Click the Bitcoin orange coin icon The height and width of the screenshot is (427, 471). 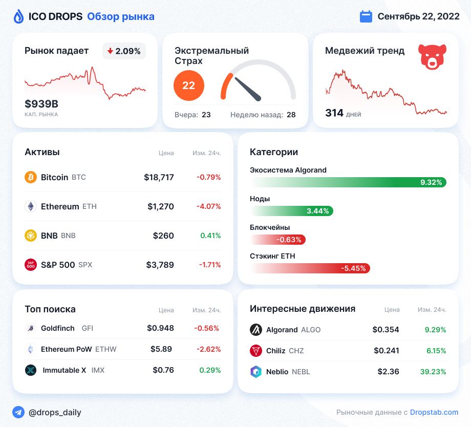click(31, 177)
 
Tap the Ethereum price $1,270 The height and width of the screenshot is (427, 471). click(160, 207)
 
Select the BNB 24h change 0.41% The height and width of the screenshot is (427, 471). click(210, 236)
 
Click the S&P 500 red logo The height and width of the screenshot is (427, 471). click(31, 265)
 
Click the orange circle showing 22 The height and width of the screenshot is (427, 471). click(189, 86)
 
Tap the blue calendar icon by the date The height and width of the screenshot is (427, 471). click(366, 16)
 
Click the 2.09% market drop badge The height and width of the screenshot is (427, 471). click(124, 51)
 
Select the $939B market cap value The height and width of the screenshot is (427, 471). click(41, 104)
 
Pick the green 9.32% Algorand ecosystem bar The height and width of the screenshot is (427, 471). click(348, 182)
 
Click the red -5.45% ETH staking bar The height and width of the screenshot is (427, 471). click(310, 268)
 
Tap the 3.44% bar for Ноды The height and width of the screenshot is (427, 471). click(292, 211)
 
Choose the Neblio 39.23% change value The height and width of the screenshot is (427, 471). click(433, 372)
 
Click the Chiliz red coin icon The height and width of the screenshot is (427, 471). click(256, 351)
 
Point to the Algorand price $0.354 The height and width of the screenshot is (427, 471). click(386, 330)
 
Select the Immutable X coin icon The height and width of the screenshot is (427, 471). click(31, 370)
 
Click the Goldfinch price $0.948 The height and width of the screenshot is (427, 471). click(160, 328)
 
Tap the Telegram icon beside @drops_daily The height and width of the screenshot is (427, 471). click(18, 412)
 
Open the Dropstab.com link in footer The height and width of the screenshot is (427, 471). click(434, 412)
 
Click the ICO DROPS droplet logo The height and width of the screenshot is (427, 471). click(18, 17)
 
